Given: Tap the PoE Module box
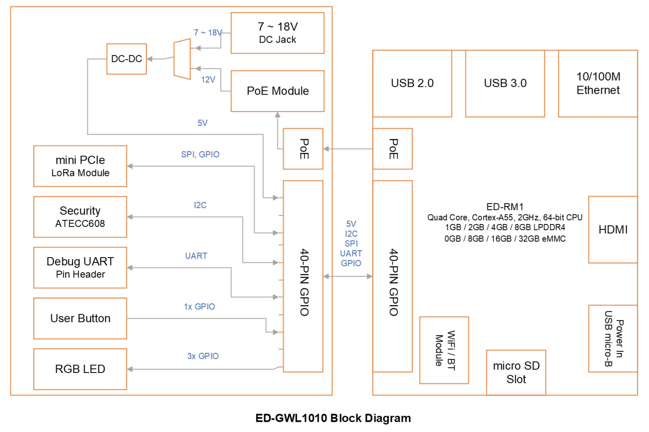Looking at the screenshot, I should [277, 91].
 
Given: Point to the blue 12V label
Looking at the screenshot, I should [208, 80].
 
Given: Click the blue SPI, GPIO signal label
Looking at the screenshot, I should [200, 154].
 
